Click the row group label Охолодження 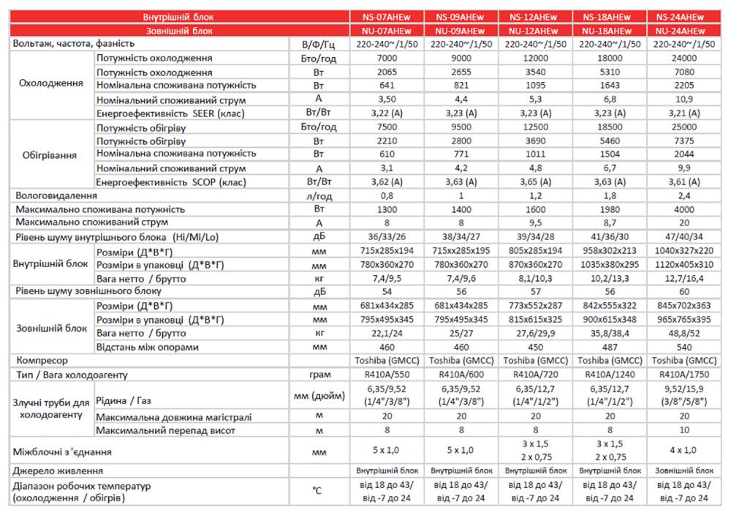click(x=50, y=84)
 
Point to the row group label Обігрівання click(x=50, y=154)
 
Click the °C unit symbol click(x=317, y=490)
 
